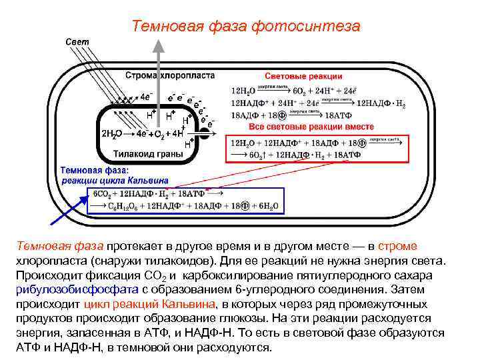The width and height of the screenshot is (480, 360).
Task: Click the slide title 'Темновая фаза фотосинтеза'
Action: [x=246, y=27]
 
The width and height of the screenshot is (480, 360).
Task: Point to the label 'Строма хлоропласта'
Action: [x=169, y=76]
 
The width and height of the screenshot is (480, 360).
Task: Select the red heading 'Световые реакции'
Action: [x=303, y=77]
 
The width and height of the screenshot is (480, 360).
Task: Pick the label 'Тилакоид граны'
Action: [x=147, y=155]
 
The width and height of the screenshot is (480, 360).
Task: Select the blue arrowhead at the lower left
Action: [x=53, y=223]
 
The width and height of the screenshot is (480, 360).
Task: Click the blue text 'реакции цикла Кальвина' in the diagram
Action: [x=115, y=180]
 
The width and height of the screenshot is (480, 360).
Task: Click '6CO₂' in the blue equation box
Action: [x=101, y=194]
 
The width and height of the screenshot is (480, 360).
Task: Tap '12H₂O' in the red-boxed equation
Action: [x=243, y=142]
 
